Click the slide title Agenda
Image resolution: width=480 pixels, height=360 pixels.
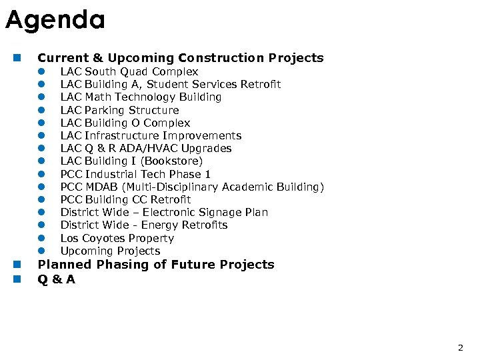[x=55, y=21]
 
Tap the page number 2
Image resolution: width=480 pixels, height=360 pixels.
[x=460, y=347]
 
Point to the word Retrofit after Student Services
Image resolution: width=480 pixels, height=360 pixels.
[x=259, y=84]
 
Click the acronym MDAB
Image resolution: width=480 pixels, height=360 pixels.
[x=101, y=187]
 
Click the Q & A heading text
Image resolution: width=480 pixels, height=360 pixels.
[x=57, y=279]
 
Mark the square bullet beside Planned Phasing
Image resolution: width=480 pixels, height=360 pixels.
[x=16, y=265]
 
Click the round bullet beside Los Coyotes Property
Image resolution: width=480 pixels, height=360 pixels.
[x=41, y=238]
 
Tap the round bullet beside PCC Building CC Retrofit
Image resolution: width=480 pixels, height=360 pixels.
[x=41, y=199]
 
